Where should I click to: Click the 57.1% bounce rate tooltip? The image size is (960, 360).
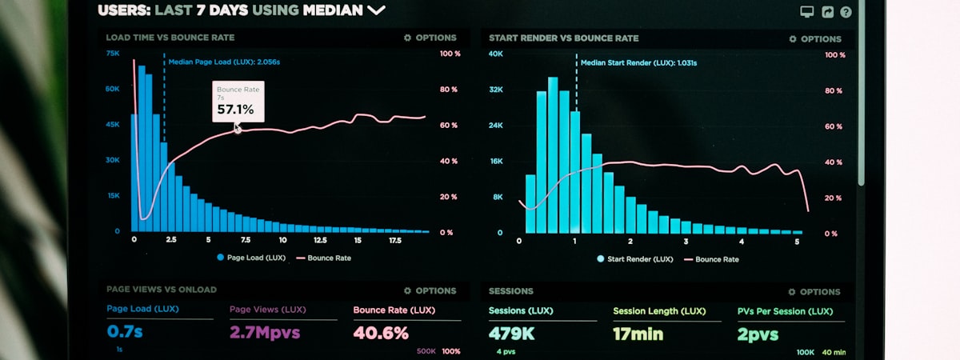pos(237,102)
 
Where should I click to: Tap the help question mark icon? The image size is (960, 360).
pos(846,12)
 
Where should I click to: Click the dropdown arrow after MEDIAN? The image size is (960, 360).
pos(376,10)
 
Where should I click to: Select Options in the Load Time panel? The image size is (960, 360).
pos(430,38)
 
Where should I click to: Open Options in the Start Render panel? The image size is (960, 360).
pos(815,39)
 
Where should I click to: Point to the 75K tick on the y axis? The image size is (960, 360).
pos(113,54)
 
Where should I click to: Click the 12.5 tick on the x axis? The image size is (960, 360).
pos(320,240)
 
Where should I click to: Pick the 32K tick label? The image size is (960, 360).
pos(496,90)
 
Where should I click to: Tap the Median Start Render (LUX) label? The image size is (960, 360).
pos(638,62)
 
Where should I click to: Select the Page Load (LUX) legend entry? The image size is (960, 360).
pos(250,258)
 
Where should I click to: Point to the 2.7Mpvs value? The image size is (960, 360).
pos(265,333)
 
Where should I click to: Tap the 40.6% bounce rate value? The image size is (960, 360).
pos(381,333)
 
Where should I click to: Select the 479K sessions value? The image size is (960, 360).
pos(512,334)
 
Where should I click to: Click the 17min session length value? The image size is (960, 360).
pos(638,334)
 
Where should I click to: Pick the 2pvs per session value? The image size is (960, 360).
pos(758,334)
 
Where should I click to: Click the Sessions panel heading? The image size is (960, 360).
pos(510,291)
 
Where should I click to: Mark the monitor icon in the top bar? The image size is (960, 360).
pos(807,12)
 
